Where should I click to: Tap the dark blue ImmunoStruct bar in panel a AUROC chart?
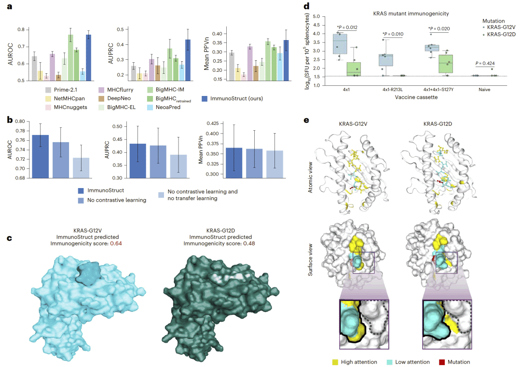coord(88,57)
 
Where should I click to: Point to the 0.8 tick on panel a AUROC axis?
coord(22,30)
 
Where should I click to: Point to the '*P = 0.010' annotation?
coord(393,34)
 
